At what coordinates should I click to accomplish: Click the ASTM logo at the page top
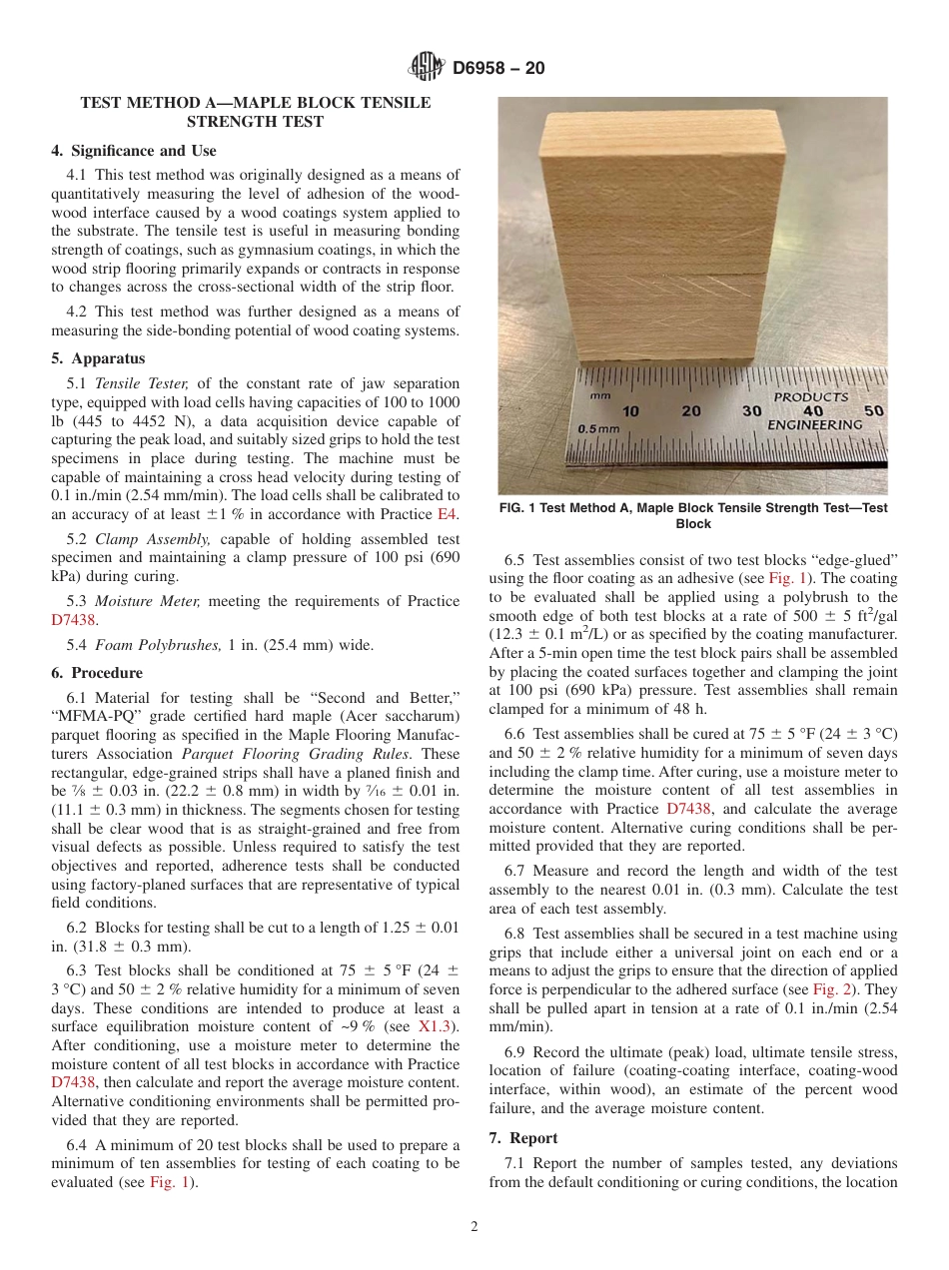(427, 69)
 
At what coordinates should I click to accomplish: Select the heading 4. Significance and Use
(133, 151)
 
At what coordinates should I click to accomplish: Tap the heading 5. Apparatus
(97, 358)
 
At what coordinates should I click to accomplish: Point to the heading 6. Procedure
(97, 673)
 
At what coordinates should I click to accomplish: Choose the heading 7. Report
(523, 1138)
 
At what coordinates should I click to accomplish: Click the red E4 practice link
(448, 514)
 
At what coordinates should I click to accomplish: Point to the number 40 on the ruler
(812, 411)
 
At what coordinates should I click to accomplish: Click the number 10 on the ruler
(631, 411)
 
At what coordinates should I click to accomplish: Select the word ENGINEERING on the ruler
(814, 425)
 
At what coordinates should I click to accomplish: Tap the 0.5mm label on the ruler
(599, 428)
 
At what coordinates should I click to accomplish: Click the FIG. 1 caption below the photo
(692, 515)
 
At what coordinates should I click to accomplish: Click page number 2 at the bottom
(474, 1227)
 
